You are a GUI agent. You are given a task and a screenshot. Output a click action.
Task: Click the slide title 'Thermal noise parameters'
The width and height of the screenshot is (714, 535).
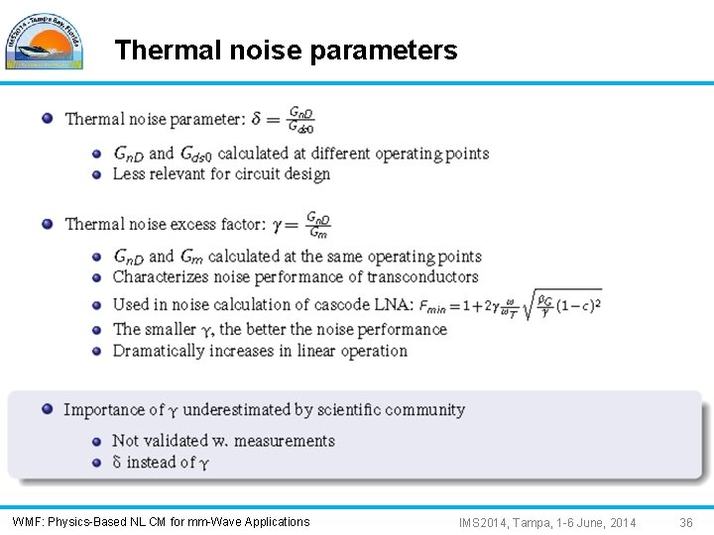(286, 51)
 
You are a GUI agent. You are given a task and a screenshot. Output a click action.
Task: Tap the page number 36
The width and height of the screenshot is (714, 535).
(686, 522)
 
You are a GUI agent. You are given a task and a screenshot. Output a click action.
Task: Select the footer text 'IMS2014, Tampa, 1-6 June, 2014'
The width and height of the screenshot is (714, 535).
(547, 522)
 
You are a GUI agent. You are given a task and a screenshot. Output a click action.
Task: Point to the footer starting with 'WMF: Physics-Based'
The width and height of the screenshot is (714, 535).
(161, 522)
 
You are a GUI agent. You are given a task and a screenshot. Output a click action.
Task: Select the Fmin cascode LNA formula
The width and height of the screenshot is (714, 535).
(511, 303)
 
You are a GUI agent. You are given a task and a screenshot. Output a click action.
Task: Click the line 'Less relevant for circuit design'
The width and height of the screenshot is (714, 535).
(221, 174)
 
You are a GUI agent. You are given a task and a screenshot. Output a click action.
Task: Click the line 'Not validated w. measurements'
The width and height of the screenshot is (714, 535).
(223, 441)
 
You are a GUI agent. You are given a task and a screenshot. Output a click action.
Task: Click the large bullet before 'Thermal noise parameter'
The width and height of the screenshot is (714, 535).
(48, 119)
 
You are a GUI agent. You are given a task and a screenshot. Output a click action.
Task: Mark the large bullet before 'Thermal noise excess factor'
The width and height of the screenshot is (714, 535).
(48, 224)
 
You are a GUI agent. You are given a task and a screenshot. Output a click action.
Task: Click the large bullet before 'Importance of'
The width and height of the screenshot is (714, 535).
(48, 409)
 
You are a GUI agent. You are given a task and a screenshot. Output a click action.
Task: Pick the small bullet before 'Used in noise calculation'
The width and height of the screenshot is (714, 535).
(97, 305)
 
